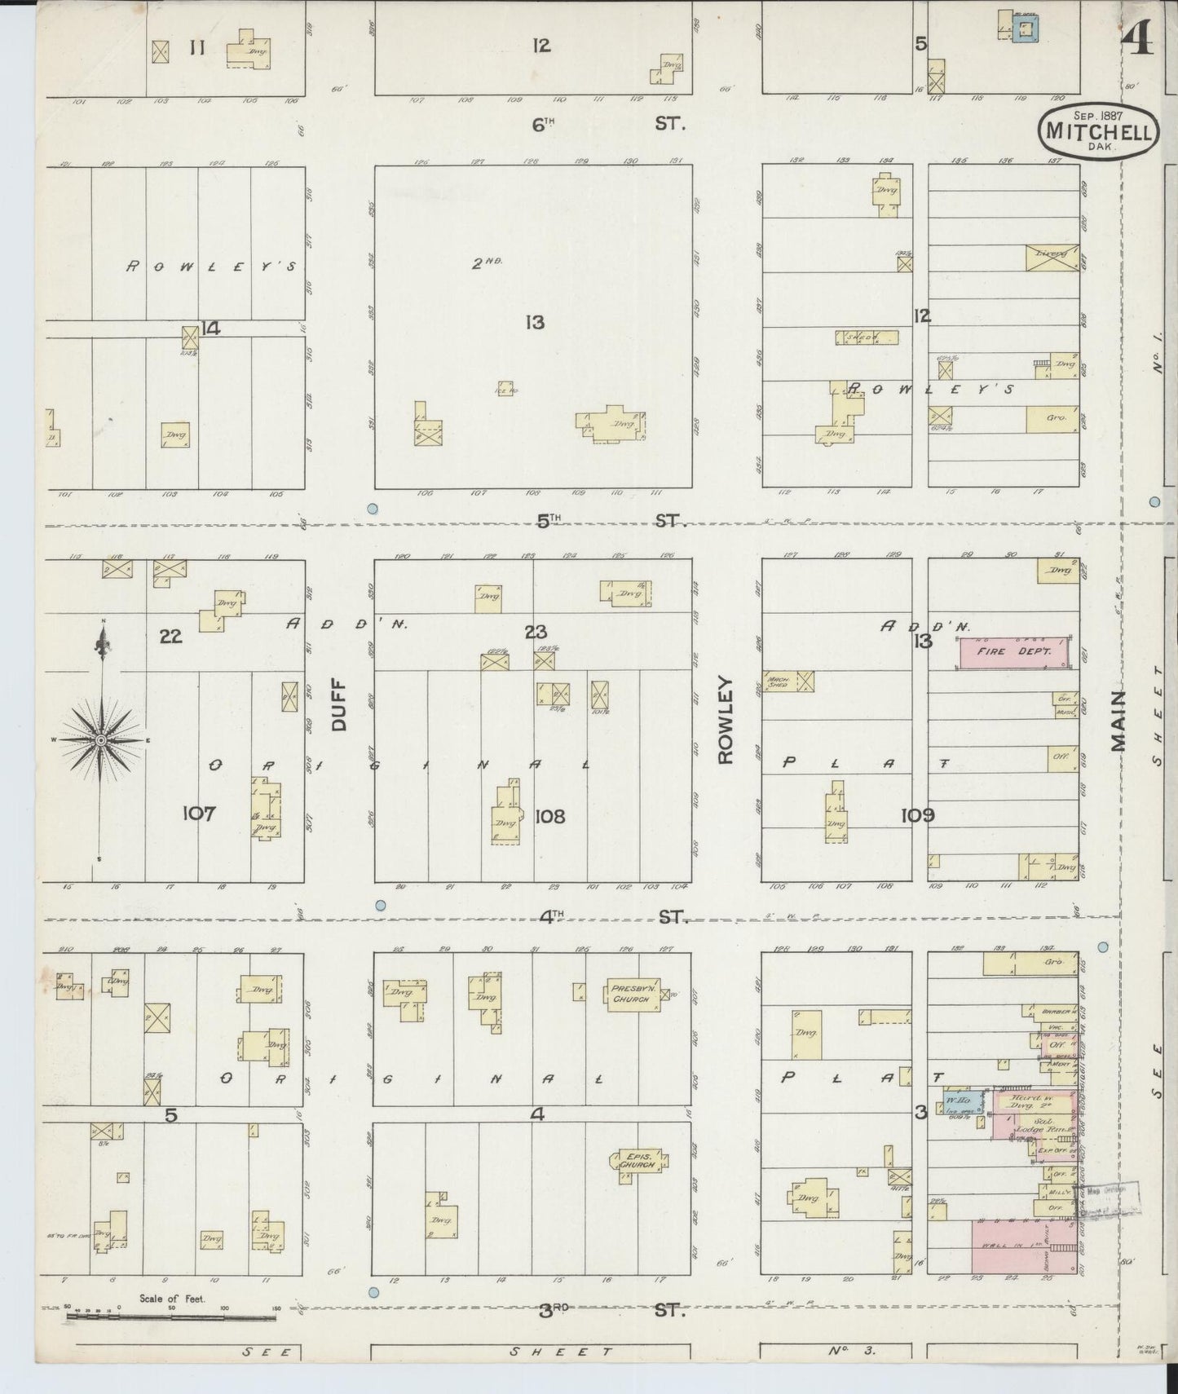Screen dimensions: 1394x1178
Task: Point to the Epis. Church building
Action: [638, 1161]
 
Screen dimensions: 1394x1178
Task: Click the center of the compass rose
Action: [99, 739]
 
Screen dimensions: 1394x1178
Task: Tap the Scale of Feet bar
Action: [171, 1312]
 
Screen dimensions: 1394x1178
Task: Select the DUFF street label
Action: [340, 705]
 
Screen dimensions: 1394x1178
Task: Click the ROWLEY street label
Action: [726, 720]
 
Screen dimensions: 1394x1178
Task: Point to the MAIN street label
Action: [1118, 721]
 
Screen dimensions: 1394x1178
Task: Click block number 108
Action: [549, 816]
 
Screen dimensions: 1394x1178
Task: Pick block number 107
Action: [199, 813]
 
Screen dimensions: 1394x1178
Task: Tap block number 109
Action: [918, 815]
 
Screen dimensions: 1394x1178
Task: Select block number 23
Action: [536, 632]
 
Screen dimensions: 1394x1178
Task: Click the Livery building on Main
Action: [1052, 256]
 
